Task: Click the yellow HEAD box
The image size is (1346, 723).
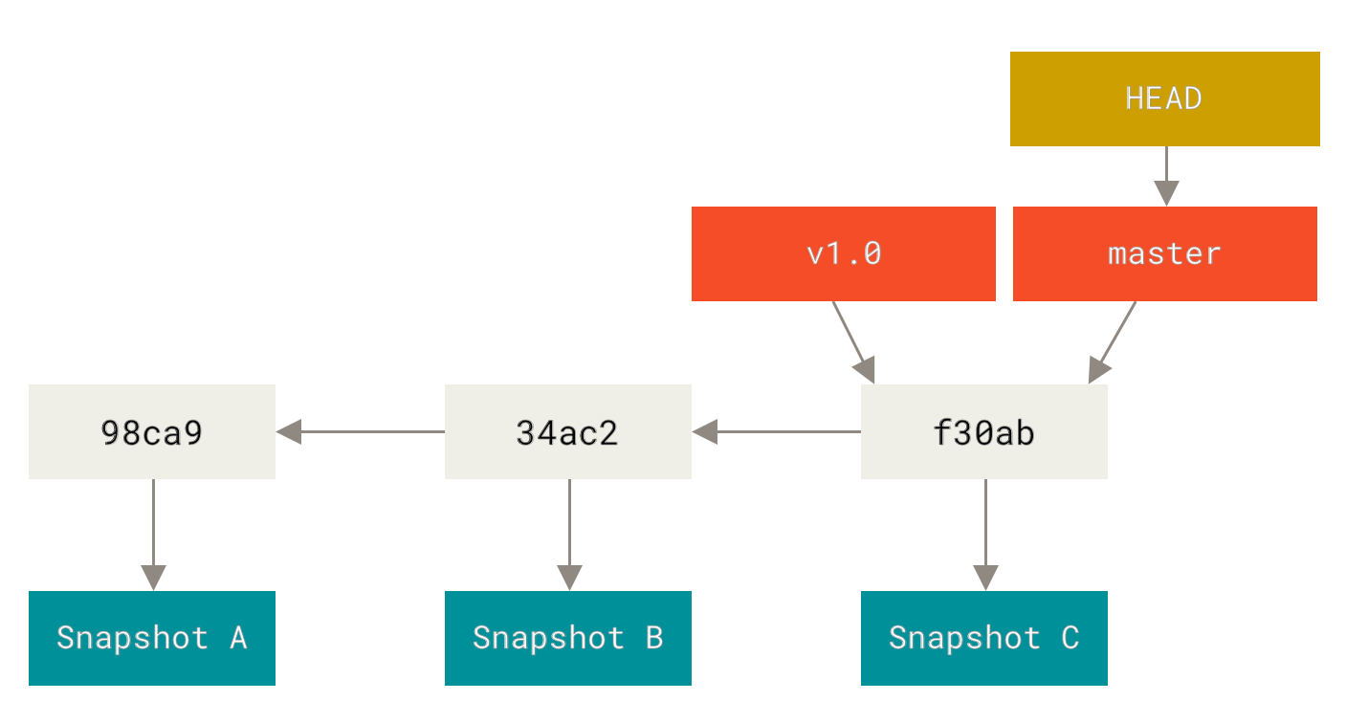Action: (1164, 99)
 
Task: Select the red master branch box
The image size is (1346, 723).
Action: (1164, 253)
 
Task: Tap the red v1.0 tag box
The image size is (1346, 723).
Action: (843, 253)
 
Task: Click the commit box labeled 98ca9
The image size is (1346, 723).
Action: (151, 431)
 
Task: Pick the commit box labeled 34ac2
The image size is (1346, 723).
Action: (567, 431)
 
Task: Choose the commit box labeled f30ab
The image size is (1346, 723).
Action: (983, 431)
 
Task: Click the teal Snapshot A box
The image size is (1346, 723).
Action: (151, 638)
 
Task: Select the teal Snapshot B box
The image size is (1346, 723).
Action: (567, 638)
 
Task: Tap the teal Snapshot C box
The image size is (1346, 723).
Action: (983, 638)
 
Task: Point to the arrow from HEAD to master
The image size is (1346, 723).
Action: (1165, 176)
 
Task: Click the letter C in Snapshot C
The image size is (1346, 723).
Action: (1070, 638)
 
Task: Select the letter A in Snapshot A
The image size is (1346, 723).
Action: (237, 638)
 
